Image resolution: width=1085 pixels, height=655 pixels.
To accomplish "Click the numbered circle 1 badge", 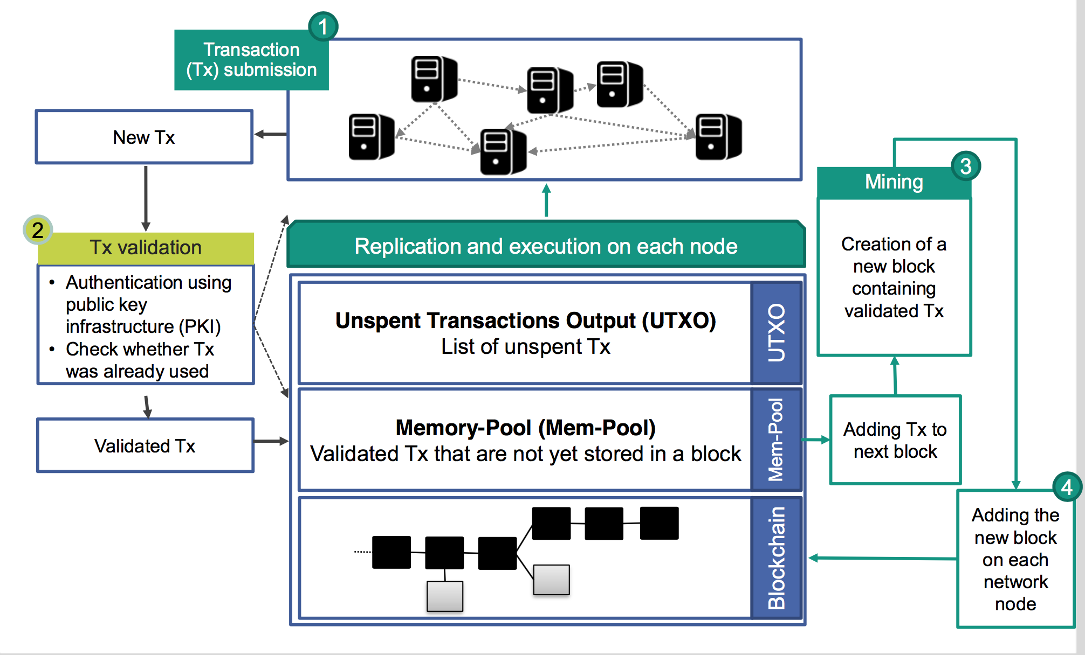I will coord(323,26).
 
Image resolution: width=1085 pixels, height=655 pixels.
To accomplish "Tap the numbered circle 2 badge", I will coord(37,230).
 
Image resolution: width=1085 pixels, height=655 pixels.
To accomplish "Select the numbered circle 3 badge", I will coord(965,166).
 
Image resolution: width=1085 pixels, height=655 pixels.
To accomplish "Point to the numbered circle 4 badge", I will coord(1067,487).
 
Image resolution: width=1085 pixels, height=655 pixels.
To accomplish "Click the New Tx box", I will coord(144,137).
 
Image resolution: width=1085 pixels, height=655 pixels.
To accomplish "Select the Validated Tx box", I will coord(145,446).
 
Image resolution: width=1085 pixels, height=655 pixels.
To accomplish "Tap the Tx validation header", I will coord(146,248).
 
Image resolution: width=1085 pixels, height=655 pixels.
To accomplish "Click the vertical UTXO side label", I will coord(777,332).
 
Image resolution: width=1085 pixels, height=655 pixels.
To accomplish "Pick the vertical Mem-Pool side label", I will coord(777,440).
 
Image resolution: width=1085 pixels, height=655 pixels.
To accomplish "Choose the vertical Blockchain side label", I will coord(777,558).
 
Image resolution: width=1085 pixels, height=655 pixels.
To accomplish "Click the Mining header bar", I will coord(894,182).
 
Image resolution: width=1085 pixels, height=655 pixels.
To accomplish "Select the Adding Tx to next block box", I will coord(895,440).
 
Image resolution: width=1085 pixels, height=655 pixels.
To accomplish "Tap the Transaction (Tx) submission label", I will coord(251,60).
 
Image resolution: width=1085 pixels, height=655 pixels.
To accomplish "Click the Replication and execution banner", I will coord(546,246).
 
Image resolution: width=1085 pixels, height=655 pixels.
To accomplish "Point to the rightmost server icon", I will coord(718,137).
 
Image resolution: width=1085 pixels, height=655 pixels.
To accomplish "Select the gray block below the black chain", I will coord(445,596).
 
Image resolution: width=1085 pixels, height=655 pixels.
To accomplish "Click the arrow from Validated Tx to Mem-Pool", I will coord(271,442).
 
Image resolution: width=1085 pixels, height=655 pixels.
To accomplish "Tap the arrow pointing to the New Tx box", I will coord(270,134).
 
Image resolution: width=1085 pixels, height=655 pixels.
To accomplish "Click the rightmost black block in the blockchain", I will coord(659,523).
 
